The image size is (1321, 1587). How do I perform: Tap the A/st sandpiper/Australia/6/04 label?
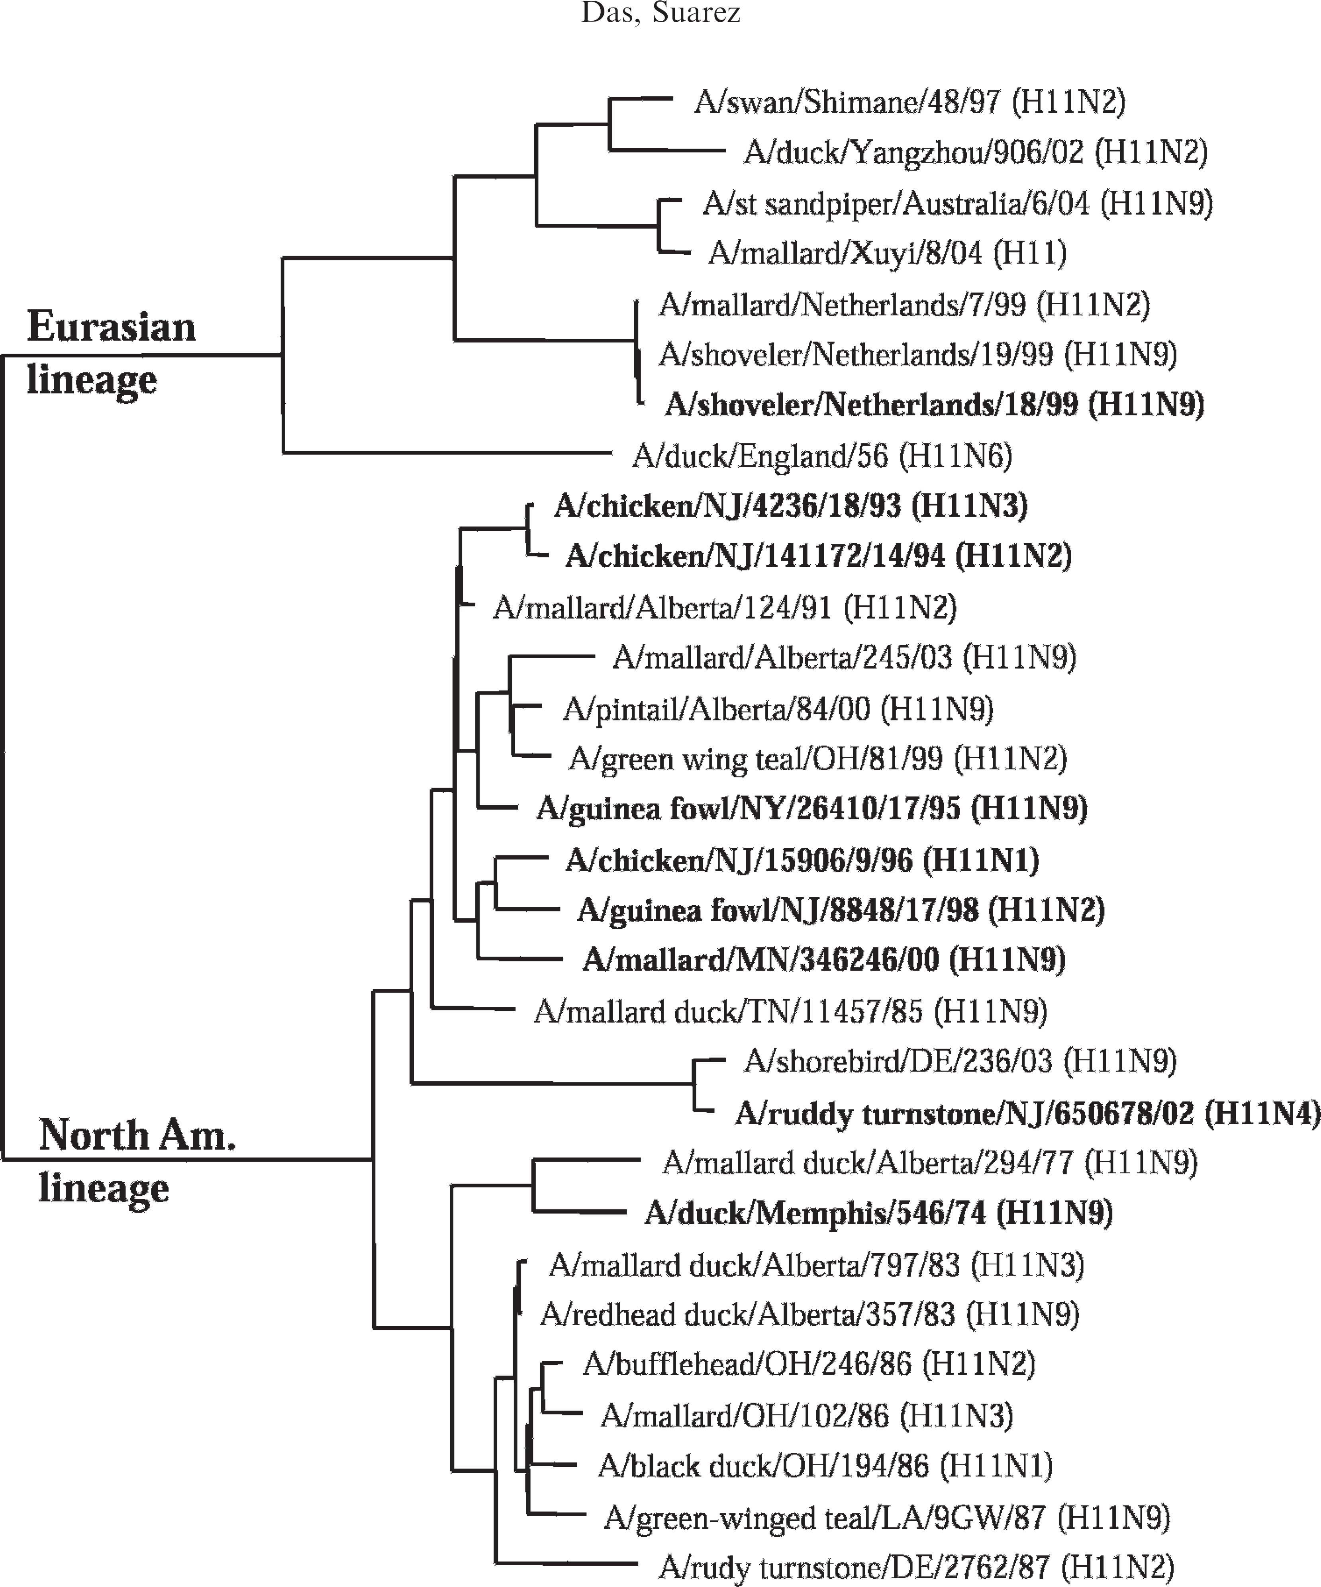[x=957, y=203]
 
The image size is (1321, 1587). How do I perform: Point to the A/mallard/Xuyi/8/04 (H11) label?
[x=887, y=253]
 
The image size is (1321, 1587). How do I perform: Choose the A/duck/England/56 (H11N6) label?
[x=822, y=456]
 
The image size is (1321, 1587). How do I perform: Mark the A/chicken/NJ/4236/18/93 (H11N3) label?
[x=790, y=506]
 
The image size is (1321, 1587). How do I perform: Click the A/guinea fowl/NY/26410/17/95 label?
[x=811, y=808]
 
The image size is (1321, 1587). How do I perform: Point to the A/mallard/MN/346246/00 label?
[x=823, y=960]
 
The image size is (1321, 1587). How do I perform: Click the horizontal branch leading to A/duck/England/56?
[x=446, y=454]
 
